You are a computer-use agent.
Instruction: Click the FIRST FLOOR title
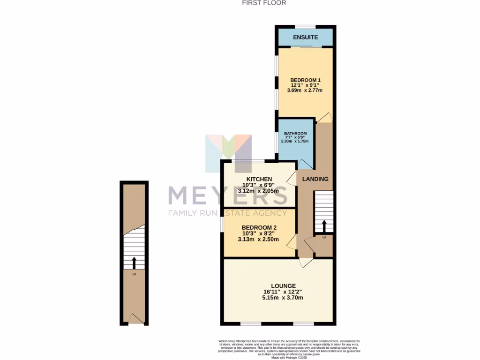coord(264,3)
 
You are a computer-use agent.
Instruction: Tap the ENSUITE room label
coord(305,37)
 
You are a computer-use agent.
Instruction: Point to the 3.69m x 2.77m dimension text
coord(305,90)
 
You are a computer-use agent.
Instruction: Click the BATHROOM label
coord(295,133)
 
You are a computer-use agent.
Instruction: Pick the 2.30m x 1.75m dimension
coord(295,141)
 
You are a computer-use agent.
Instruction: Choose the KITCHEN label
coord(259,179)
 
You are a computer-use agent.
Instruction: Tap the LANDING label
coord(315,179)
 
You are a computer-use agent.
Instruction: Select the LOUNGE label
coord(283,286)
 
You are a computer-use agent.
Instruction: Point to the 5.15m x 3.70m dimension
coord(283,298)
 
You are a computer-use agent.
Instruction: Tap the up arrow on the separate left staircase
coord(134,262)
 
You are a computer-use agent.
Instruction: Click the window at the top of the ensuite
coord(305,26)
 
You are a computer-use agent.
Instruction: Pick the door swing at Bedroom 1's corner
coord(326,118)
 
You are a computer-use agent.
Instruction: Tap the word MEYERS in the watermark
coord(228,195)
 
